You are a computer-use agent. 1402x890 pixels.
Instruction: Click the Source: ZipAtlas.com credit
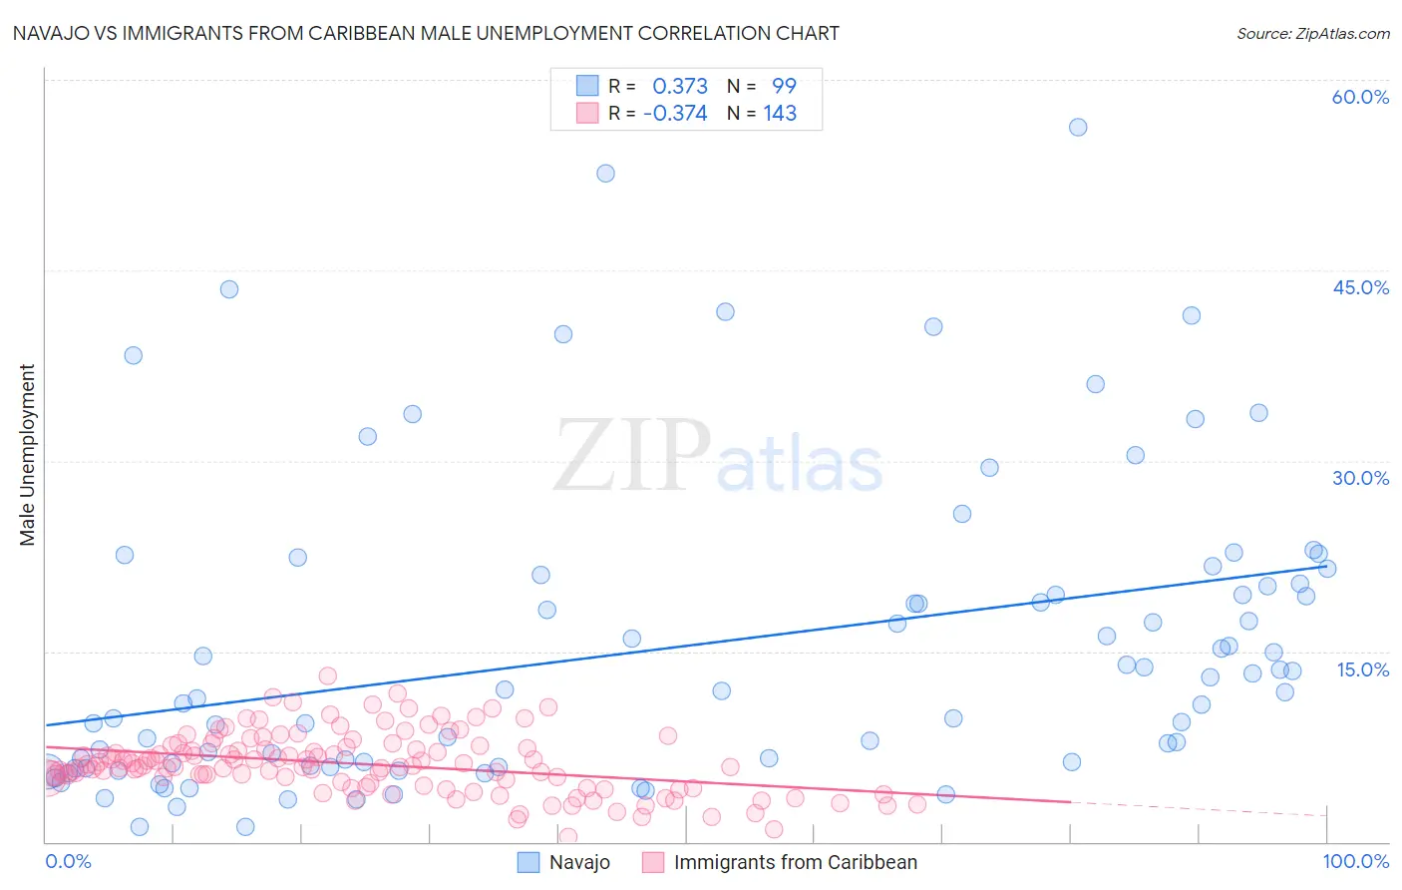click(x=1312, y=33)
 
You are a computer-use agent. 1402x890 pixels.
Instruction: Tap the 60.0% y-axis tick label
click(x=1360, y=97)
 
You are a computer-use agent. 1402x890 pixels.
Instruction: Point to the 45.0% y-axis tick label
click(x=1360, y=287)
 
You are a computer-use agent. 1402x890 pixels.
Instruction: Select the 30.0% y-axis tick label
click(x=1360, y=478)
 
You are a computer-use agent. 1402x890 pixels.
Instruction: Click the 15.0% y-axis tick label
click(x=1362, y=668)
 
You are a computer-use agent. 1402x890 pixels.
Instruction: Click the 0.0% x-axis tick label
click(x=68, y=861)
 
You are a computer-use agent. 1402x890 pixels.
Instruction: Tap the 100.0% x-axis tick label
click(x=1355, y=861)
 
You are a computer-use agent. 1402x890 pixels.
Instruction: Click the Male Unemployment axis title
click(x=27, y=455)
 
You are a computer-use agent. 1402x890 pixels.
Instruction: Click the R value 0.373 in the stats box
click(x=680, y=86)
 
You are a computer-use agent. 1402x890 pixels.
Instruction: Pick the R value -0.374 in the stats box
click(x=675, y=113)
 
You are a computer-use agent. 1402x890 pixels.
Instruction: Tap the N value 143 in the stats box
click(x=780, y=113)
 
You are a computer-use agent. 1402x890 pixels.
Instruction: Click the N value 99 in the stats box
click(x=784, y=86)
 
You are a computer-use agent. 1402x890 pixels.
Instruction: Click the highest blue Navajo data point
click(x=1078, y=127)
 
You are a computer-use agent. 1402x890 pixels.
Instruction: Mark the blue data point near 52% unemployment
click(x=605, y=173)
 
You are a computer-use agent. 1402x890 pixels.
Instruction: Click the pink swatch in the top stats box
click(x=587, y=113)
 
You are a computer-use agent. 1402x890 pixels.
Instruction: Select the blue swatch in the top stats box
click(x=587, y=86)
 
